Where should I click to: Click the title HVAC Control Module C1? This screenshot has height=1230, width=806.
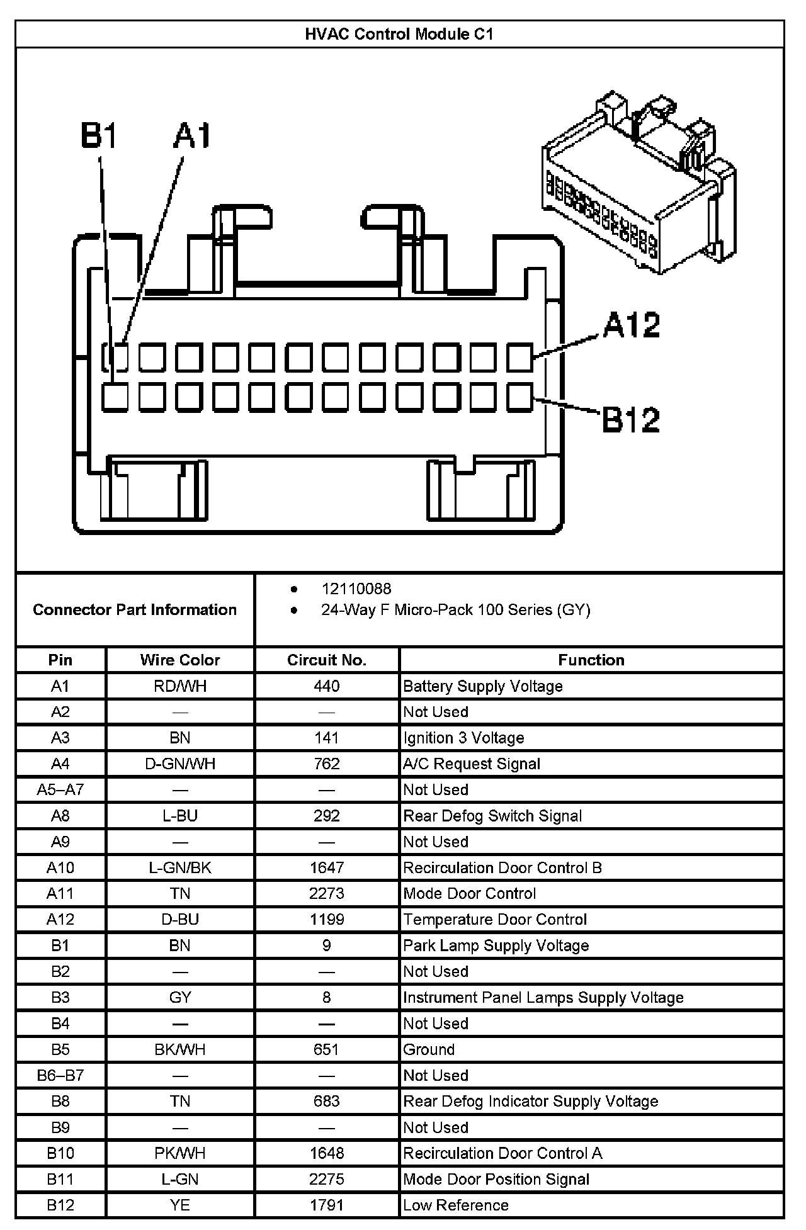click(399, 34)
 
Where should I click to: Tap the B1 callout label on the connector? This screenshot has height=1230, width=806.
click(99, 135)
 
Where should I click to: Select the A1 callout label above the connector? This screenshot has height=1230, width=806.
click(192, 135)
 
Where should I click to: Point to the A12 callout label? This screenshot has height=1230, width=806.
click(631, 325)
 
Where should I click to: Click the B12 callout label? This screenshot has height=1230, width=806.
click(631, 420)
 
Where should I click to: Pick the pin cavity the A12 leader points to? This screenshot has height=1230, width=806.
click(519, 358)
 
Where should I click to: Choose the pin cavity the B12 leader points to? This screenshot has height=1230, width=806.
click(519, 398)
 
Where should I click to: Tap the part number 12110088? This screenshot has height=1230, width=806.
click(356, 589)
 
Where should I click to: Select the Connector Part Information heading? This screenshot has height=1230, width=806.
click(135, 609)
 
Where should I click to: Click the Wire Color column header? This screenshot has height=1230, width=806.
click(180, 660)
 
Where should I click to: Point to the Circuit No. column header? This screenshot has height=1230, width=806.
click(327, 660)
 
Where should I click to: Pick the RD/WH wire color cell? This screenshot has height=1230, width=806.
click(180, 686)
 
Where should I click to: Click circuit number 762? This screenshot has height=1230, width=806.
click(327, 764)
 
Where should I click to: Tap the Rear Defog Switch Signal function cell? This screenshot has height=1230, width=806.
click(492, 816)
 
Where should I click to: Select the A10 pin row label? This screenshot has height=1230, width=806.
click(60, 867)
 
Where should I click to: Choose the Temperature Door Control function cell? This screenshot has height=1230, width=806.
click(495, 919)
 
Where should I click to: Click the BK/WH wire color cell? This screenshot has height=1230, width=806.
click(180, 1049)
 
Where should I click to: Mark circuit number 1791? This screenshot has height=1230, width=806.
click(327, 1205)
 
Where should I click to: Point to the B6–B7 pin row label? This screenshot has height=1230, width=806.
click(60, 1075)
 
